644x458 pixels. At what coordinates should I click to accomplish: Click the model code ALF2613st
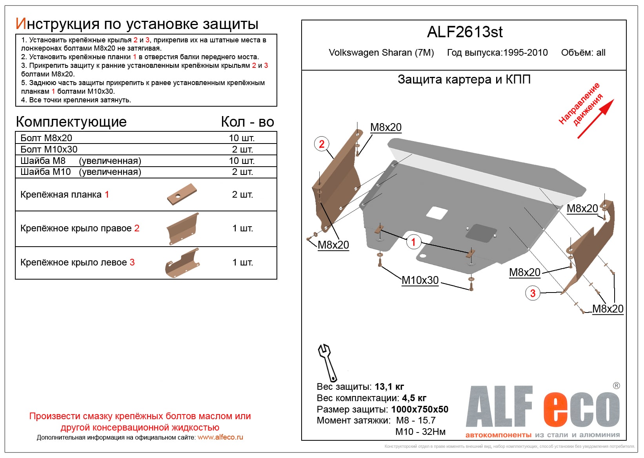tap(464, 32)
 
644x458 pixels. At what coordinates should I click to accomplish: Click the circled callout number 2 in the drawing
tap(322, 144)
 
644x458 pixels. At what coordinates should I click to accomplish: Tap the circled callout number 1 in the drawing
tap(413, 242)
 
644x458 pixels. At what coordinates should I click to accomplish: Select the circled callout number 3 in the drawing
tap(533, 293)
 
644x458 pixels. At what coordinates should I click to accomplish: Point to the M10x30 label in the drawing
tap(420, 280)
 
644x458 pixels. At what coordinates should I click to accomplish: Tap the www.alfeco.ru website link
tap(220, 437)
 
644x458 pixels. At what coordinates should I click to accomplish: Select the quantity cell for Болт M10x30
tap(242, 149)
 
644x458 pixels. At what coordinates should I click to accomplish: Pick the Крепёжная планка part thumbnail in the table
tap(182, 194)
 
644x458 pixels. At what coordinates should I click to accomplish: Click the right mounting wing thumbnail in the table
tap(183, 229)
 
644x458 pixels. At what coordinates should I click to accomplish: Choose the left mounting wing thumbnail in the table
tap(182, 263)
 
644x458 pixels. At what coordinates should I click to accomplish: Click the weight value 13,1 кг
tap(389, 387)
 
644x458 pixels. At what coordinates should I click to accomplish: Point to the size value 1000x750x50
tap(420, 409)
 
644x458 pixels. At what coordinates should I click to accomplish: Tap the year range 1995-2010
tap(526, 53)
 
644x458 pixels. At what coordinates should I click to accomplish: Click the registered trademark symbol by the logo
tap(616, 385)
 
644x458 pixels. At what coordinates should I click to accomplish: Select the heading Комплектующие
tap(71, 122)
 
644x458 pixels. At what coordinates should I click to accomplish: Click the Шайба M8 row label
tap(43, 161)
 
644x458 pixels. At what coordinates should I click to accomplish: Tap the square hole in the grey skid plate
tap(437, 213)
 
